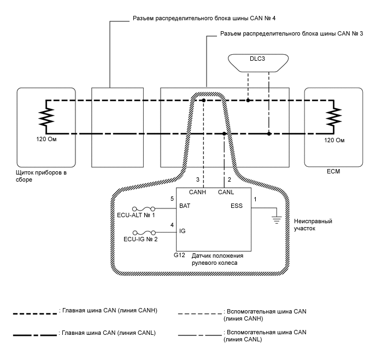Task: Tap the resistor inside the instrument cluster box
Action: (46, 117)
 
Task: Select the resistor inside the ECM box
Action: (333, 117)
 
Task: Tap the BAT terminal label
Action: (185, 207)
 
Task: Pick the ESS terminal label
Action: (240, 207)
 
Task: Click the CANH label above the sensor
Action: (198, 191)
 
